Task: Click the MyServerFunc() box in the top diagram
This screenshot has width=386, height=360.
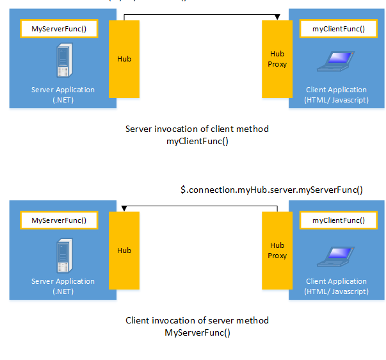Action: click(x=60, y=29)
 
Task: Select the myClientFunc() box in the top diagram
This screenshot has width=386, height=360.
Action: click(x=338, y=29)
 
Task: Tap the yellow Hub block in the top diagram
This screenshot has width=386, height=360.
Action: click(x=124, y=59)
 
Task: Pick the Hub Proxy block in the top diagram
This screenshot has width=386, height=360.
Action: click(x=277, y=59)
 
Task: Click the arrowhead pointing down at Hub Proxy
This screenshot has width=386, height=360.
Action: click(x=277, y=17)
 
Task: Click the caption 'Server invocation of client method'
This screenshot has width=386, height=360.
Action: click(x=197, y=129)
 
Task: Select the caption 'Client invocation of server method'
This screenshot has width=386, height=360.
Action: click(x=197, y=320)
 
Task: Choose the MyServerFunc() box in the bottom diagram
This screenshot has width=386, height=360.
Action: click(x=60, y=220)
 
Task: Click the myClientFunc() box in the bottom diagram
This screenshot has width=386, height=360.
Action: click(x=338, y=220)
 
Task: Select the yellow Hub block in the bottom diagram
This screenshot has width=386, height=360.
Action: click(x=124, y=250)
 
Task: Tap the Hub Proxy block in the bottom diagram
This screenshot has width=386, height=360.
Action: click(x=277, y=250)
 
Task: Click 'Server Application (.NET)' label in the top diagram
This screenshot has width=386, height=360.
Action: click(x=63, y=95)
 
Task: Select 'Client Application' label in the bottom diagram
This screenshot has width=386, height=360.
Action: click(x=337, y=282)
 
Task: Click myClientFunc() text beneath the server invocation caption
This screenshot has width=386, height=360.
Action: click(x=197, y=142)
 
